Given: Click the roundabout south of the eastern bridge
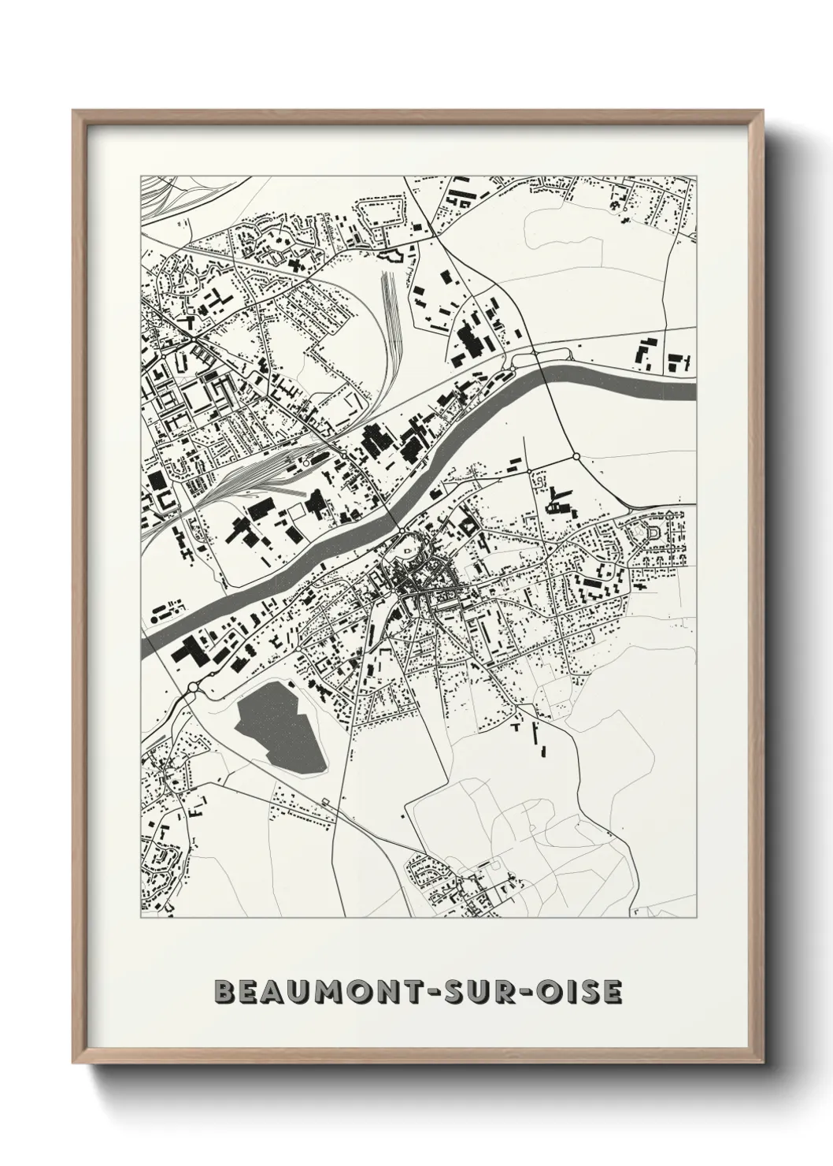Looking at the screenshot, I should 576,456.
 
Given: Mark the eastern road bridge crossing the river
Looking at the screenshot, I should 548,377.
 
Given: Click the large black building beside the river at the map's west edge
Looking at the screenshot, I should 189,651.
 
